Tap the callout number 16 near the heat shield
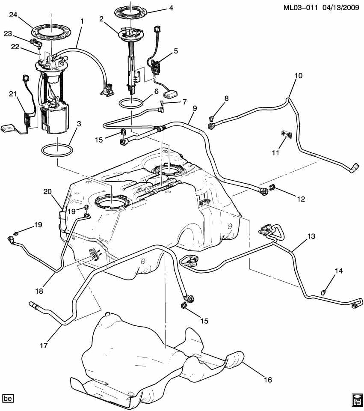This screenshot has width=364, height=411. coord(268,379)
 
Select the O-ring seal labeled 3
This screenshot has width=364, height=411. coord(57,151)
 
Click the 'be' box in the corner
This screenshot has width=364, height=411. coord(8,398)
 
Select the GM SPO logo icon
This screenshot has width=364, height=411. coord(357,399)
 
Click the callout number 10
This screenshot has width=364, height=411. coord(298,76)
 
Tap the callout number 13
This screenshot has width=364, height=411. coord(311,235)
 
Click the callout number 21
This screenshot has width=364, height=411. coord(12,94)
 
